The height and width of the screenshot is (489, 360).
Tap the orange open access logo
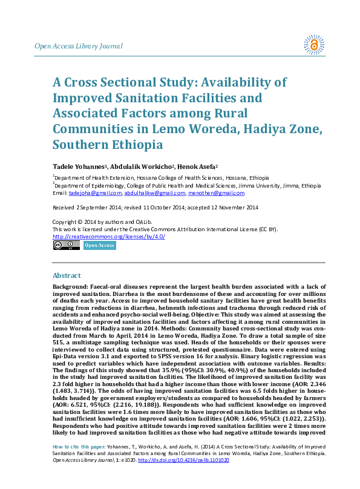[x=314, y=45]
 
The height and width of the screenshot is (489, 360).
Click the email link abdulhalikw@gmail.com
[x=154, y=193]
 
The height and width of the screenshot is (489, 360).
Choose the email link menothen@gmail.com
[x=217, y=193]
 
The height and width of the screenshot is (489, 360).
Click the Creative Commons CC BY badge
[x=66, y=245]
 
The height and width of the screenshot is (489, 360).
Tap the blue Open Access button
[x=99, y=245]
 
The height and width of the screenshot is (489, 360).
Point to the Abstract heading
[x=67, y=275]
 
